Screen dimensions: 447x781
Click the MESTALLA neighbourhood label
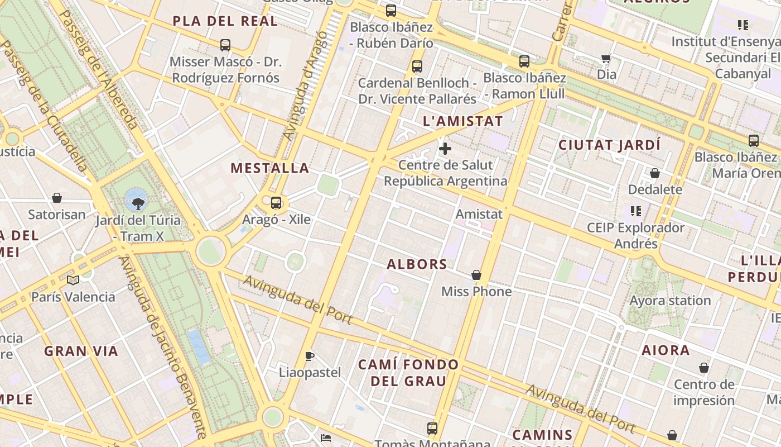[270, 168]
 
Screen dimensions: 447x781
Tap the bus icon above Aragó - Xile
[276, 203]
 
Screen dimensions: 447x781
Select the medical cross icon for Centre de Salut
[445, 149]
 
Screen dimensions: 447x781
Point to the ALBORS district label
[417, 264]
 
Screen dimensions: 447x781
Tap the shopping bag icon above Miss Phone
[476, 275]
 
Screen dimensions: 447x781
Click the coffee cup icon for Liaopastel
[310, 356]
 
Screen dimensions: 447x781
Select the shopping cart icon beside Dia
[606, 58]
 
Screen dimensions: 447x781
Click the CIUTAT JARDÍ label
[609, 145]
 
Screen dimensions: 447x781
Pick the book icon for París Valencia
[73, 280]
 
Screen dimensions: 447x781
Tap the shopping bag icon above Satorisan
[57, 198]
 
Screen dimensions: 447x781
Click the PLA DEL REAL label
[225, 21]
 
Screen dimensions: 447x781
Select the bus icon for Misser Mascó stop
[225, 45]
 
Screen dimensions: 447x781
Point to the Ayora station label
[670, 301]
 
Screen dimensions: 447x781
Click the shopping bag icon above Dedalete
[655, 173]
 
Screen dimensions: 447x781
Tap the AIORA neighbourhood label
[666, 350]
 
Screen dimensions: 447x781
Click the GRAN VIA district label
[81, 351]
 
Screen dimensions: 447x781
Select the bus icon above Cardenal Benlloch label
[417, 66]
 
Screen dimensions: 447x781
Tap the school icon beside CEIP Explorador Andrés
[635, 211]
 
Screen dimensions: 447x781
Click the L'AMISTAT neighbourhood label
[463, 121]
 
